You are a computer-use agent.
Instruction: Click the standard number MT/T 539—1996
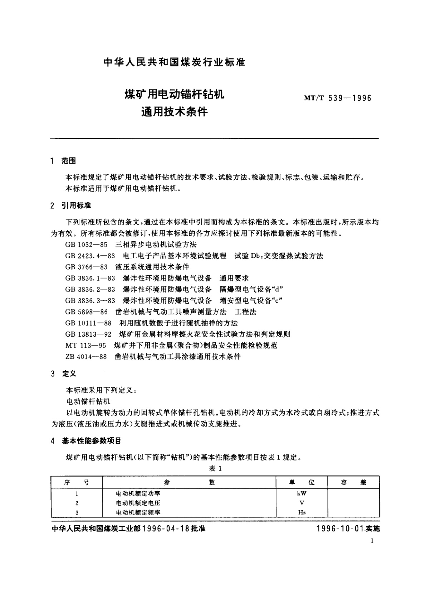[x=337, y=98]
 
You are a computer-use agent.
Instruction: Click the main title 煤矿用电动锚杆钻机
[x=174, y=95]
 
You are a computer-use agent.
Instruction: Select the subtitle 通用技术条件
[x=174, y=112]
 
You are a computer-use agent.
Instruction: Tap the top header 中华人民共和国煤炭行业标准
[x=174, y=62]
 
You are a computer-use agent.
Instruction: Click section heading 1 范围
[x=64, y=161]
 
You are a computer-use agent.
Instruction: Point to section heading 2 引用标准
[x=71, y=206]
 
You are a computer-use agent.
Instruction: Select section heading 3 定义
[x=64, y=374]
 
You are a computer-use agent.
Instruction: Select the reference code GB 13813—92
[x=88, y=334]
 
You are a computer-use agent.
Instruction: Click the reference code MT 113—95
[x=86, y=345]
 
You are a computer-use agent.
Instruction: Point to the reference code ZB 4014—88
[x=86, y=357]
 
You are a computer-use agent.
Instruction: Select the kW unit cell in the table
[x=302, y=493]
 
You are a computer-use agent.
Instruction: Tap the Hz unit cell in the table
[x=302, y=512]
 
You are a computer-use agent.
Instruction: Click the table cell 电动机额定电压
[x=138, y=503]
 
